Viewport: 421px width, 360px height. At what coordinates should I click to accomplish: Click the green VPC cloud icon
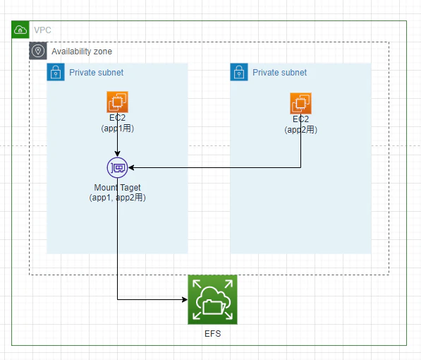20,30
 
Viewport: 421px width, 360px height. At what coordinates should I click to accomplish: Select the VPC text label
42,30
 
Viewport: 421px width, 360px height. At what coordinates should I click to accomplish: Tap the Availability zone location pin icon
38,51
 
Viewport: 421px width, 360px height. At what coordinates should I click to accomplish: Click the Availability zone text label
82,52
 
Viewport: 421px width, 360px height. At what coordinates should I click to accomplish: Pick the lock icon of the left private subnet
56,72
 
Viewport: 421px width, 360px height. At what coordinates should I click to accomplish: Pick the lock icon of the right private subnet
239,72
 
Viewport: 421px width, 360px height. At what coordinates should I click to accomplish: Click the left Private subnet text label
96,72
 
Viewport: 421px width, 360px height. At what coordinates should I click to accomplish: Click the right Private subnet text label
279,72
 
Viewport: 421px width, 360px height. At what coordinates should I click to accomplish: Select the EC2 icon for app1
117,102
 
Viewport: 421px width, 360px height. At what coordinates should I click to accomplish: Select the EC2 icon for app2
300,104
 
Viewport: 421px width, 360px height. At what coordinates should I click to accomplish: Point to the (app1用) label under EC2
117,128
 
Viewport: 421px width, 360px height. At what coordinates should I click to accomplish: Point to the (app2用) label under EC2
300,130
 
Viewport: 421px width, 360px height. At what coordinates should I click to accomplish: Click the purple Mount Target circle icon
117,168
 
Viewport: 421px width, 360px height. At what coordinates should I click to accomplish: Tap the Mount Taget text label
117,187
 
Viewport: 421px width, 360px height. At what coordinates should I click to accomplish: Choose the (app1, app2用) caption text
117,198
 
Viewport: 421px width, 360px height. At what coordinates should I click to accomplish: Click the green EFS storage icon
212,299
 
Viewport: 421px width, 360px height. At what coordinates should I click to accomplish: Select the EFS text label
213,334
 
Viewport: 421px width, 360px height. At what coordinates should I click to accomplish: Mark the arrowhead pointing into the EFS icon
185,299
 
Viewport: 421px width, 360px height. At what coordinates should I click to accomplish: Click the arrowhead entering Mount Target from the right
131,168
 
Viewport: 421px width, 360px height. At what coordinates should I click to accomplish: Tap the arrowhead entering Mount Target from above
117,154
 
